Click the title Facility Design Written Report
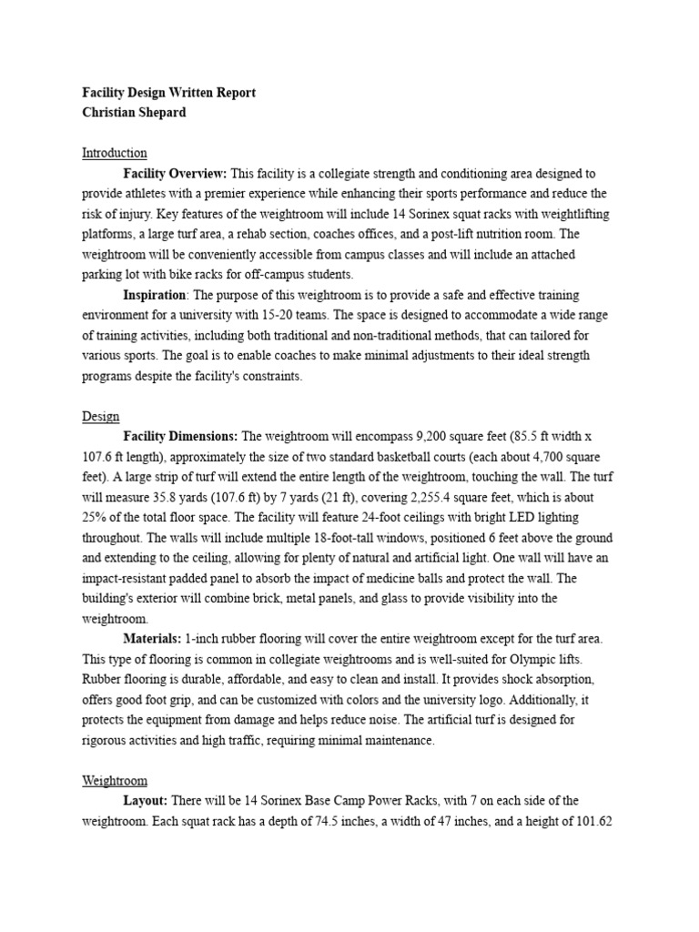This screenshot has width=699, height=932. click(169, 92)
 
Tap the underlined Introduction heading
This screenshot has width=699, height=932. click(114, 153)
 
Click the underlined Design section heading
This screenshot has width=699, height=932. click(100, 416)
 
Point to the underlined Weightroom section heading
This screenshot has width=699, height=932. click(114, 781)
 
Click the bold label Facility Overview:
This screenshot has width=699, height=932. click(176, 173)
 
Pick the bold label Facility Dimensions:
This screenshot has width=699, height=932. click(180, 436)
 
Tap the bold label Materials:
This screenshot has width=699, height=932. click(152, 639)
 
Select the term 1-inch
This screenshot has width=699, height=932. click(206, 639)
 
